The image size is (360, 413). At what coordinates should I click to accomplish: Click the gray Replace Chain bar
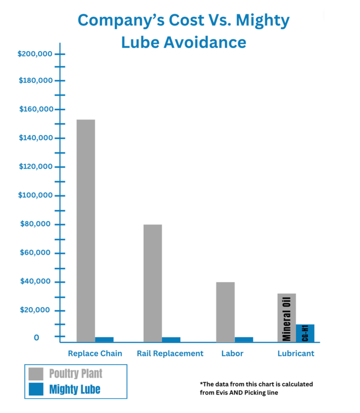coord(85,230)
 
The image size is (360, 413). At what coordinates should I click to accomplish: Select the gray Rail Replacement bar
coord(153,283)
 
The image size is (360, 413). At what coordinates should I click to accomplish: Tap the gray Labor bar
coord(225,311)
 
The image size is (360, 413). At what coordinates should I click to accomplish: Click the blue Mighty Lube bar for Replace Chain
coord(104,340)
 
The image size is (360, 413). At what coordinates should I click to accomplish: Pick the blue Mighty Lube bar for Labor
coord(244,340)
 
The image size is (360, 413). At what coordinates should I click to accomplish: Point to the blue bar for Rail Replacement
coord(171,340)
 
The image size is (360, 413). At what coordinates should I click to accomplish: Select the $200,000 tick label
coord(35,54)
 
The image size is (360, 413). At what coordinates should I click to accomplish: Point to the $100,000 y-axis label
coord(35,195)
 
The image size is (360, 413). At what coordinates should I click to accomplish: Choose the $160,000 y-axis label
coord(35,109)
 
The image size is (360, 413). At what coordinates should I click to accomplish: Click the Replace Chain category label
coord(95,354)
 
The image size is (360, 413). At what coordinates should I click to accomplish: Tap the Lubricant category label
coord(296,354)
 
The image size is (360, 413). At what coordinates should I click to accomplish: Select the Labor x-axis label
coord(232,354)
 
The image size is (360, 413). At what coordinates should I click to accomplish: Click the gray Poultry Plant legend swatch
coord(36,374)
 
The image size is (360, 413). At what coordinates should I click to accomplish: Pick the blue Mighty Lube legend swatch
coord(36,389)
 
